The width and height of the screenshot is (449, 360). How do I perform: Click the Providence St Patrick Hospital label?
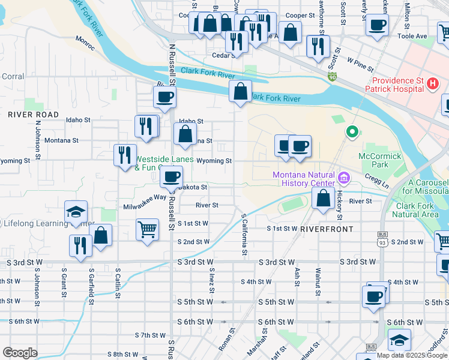pos(397,85)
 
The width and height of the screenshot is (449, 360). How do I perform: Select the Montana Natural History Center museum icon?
pos(343,178)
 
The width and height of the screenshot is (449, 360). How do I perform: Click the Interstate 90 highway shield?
pos(333,77)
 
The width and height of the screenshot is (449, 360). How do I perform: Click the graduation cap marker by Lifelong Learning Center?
pos(76,212)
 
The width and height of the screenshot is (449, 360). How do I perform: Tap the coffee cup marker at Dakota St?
pos(172,176)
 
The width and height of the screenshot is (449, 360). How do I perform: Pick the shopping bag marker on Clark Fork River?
pos(240,91)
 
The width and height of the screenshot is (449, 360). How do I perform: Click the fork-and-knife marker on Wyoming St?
pos(125,154)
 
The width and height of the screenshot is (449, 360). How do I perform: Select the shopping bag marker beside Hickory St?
pos(323,197)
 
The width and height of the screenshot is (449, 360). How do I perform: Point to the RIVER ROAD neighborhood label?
pos(34,115)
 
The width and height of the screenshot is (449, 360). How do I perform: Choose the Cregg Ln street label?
pos(376,178)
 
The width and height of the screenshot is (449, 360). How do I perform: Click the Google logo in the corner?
pos(20,353)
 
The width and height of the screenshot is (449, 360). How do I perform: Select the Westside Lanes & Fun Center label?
pos(164,164)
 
